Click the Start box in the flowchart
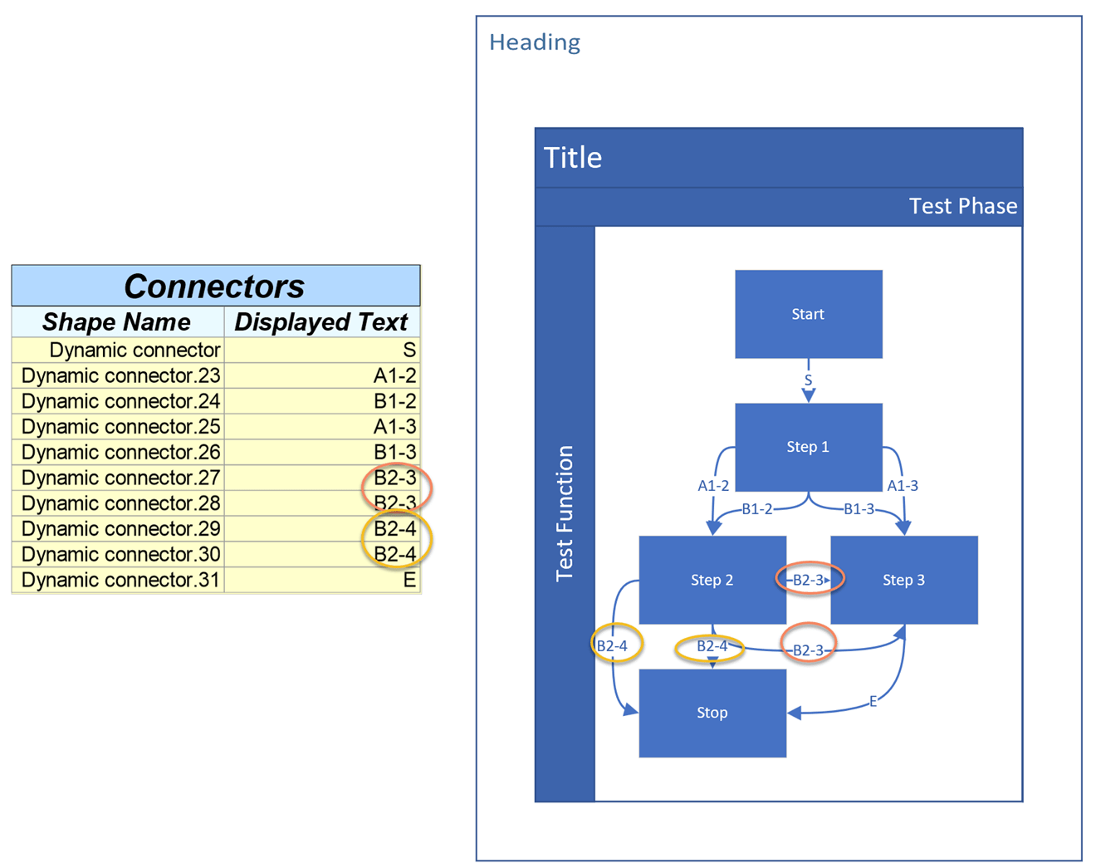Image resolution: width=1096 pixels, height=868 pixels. tap(808, 314)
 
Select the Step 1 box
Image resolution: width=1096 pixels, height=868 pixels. tap(808, 447)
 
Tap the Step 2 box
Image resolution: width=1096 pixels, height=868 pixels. tap(712, 580)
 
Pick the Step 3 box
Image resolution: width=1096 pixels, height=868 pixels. tap(903, 580)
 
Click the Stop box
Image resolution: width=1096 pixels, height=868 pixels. tap(712, 713)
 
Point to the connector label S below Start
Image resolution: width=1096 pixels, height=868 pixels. tap(808, 380)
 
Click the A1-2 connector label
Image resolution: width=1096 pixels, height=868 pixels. tap(713, 486)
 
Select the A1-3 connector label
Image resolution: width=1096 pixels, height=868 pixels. tap(903, 486)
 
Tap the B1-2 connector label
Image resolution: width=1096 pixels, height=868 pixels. tap(756, 509)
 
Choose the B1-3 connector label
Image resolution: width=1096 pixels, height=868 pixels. tap(859, 509)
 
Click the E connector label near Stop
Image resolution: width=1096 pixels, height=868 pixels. tap(873, 702)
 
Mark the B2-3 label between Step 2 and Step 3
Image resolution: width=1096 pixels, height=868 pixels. tap(809, 580)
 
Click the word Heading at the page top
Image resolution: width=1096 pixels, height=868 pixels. tap(535, 42)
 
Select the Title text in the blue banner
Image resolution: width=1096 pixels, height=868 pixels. tap(573, 158)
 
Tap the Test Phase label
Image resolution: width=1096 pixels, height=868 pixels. tap(962, 206)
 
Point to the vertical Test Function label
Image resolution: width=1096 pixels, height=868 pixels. tap(565, 513)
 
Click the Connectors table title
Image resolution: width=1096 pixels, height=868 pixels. tap(214, 287)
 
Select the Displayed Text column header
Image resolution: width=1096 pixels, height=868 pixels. tap(321, 322)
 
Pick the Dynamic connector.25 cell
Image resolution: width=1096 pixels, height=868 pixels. tap(120, 427)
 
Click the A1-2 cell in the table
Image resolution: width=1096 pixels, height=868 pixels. tap(394, 375)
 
